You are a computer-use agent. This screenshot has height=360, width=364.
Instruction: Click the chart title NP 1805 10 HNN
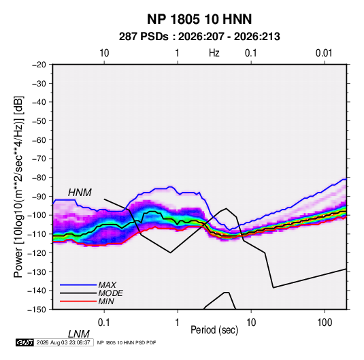(x=199, y=19)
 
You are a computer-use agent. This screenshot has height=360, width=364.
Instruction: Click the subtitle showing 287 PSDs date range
(x=199, y=37)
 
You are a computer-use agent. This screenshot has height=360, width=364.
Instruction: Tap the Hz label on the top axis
(x=214, y=53)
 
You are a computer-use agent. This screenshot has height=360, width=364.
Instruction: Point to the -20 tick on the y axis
(x=39, y=65)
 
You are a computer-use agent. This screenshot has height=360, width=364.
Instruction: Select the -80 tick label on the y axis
(x=39, y=178)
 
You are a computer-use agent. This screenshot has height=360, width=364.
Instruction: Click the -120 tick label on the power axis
(x=37, y=252)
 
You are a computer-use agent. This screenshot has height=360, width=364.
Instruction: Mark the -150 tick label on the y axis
(x=37, y=310)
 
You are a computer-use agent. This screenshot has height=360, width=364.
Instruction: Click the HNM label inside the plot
(x=80, y=193)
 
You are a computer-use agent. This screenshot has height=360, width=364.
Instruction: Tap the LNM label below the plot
(x=79, y=334)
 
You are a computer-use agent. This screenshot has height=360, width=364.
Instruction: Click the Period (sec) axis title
(x=214, y=330)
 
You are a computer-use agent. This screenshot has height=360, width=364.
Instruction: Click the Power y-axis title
(x=18, y=187)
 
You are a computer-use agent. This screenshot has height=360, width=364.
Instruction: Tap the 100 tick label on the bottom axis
(x=325, y=323)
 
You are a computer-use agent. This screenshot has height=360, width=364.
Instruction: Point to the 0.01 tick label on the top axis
(x=324, y=53)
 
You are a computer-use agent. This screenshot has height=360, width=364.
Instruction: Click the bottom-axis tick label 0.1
(x=104, y=323)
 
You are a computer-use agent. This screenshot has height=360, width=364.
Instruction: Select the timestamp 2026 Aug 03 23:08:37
(x=63, y=342)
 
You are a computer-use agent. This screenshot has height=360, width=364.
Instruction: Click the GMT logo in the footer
(x=24, y=342)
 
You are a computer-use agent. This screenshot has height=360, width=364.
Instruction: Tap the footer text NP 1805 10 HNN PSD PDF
(x=127, y=342)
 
